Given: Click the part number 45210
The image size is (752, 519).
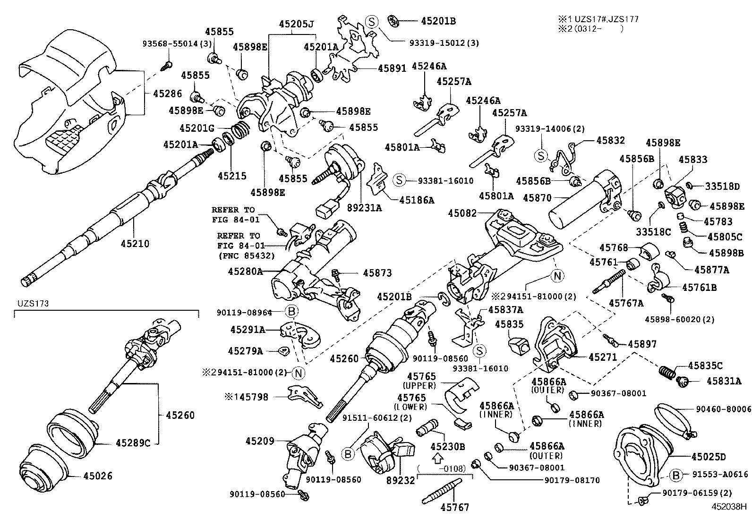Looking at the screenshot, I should tap(135, 244).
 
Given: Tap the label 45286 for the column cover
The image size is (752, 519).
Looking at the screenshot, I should tap(167, 94).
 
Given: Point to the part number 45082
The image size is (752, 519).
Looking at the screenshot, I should tap(462, 213).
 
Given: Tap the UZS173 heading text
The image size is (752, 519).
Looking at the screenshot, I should tap(34, 304).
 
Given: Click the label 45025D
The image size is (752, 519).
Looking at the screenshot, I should tap(709, 457).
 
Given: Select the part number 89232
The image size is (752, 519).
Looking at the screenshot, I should tap(401, 480).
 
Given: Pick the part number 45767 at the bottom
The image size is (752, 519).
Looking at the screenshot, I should tap(455, 508).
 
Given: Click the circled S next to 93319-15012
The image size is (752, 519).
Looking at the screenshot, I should tap(372, 21).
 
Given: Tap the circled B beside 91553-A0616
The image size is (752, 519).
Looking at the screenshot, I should tap(676, 475).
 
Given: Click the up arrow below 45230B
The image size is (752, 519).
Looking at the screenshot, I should tap(438, 457).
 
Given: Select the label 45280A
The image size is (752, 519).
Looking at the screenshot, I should tap(245, 272).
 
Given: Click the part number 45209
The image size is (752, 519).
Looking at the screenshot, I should tap(259, 441).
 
